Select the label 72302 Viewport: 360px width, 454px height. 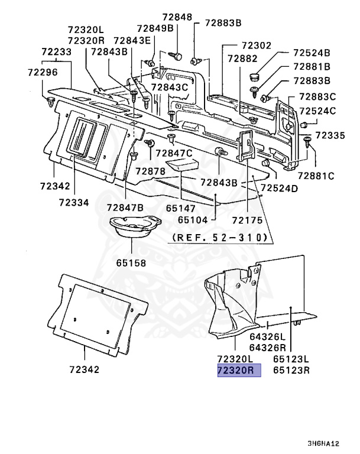255,45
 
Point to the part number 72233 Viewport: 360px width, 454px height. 56,52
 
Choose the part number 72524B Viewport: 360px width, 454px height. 312,53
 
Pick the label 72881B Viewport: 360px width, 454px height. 312,66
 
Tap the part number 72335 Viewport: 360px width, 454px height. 329,136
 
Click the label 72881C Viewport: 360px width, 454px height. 316,176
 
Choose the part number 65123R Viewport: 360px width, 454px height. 292,371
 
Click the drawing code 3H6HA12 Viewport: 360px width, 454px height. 323,444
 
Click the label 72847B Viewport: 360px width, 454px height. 125,208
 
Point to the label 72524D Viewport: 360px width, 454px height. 279,188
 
